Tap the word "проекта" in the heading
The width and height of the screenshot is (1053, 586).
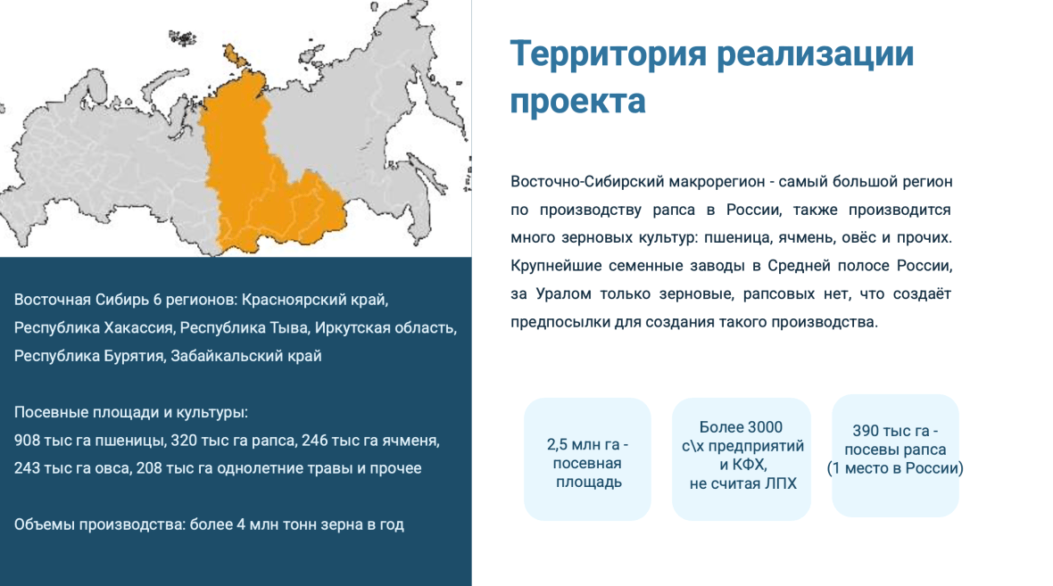pyautogui.click(x=577, y=102)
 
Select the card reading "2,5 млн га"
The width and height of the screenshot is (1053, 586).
pyautogui.click(x=587, y=459)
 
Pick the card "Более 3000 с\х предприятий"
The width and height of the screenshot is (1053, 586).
pyautogui.click(x=742, y=459)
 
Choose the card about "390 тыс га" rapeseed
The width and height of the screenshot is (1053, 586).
pyautogui.click(x=895, y=456)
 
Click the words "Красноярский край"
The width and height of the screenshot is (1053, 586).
pyautogui.click(x=315, y=300)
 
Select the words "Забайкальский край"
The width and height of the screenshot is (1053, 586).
pyautogui.click(x=245, y=356)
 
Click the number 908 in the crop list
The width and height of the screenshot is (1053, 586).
pyautogui.click(x=27, y=441)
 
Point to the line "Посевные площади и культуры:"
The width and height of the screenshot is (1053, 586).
pyautogui.click(x=131, y=412)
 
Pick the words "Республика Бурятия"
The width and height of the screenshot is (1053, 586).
pyautogui.click(x=89, y=356)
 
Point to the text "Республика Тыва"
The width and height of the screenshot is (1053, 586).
pyautogui.click(x=245, y=327)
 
